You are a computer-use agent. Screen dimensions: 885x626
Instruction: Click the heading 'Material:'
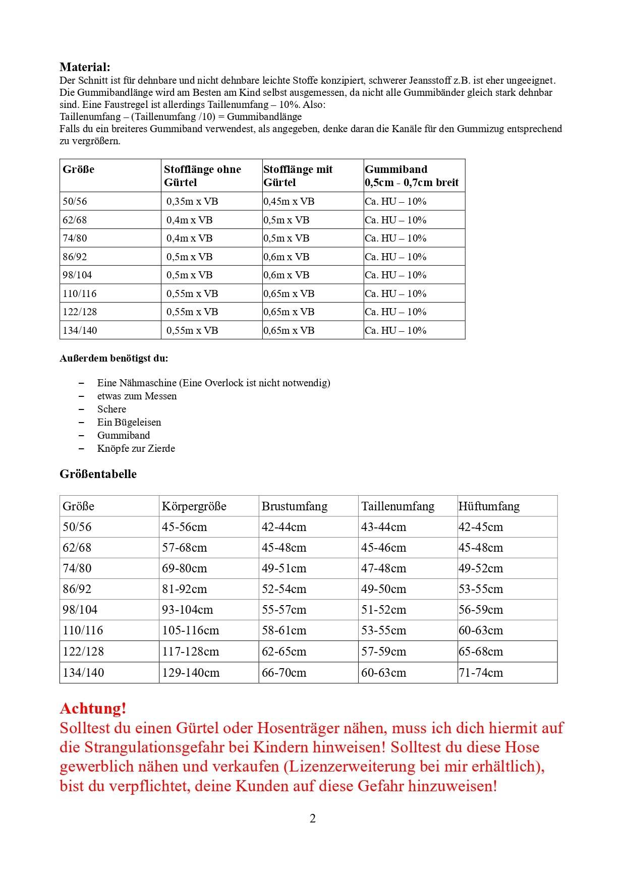point(85,67)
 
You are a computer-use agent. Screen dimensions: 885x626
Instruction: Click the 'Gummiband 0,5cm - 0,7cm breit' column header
point(412,175)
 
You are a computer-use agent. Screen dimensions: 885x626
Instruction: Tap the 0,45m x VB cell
point(289,201)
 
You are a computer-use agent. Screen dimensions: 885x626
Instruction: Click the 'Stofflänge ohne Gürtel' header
point(202,175)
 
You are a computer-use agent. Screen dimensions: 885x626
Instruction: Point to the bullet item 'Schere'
point(111,409)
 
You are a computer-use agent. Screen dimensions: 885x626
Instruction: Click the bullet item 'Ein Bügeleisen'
point(129,422)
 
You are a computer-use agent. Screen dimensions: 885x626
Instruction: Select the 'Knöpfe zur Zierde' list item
point(136,448)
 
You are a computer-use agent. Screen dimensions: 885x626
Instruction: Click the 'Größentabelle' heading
point(98,474)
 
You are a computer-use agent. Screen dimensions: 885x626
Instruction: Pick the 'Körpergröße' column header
point(194,506)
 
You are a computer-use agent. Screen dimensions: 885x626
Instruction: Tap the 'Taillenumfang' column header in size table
point(397,506)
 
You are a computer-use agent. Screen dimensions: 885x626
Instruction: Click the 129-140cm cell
point(191,672)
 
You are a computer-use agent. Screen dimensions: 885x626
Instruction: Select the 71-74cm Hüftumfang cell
point(481,672)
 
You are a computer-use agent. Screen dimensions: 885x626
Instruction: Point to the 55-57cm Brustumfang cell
point(284,610)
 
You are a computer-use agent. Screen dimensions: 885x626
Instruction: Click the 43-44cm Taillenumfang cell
point(383,527)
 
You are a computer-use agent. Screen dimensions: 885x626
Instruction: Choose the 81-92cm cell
point(184,589)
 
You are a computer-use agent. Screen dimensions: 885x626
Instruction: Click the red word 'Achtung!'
point(93,709)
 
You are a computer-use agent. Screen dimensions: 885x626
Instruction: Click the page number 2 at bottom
point(313,818)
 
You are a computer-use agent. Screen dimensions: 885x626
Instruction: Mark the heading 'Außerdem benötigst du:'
point(114,359)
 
